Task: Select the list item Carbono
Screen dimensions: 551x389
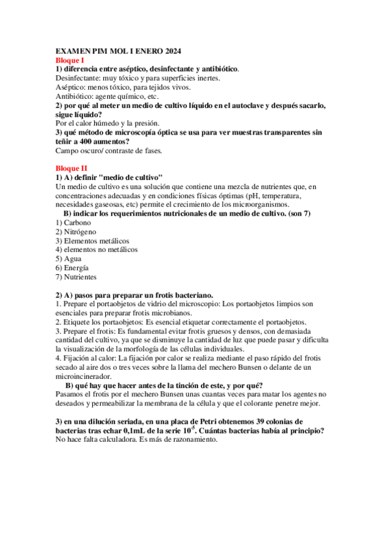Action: click(x=77, y=223)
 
